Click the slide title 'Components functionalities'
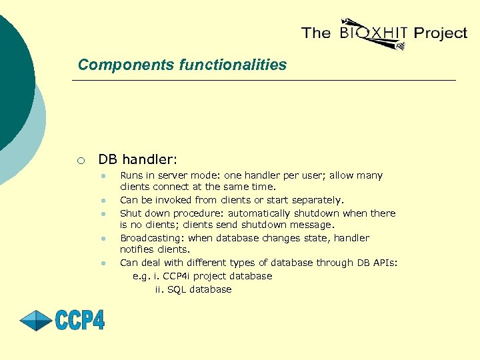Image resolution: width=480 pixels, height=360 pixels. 182,65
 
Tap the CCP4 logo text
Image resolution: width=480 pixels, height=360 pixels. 80,320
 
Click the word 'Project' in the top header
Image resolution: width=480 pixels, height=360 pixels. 440,33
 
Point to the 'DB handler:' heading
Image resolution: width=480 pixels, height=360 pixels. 138,159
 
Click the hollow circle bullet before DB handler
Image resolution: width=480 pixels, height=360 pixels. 80,160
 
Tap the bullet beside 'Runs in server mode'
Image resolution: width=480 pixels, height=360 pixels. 104,176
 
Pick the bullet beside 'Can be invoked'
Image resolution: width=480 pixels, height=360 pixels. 104,200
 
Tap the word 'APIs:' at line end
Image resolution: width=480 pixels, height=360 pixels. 385,263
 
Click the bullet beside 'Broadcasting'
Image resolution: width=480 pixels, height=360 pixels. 104,238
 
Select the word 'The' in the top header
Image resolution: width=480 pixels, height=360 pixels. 316,33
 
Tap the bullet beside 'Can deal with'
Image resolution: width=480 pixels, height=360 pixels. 104,263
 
